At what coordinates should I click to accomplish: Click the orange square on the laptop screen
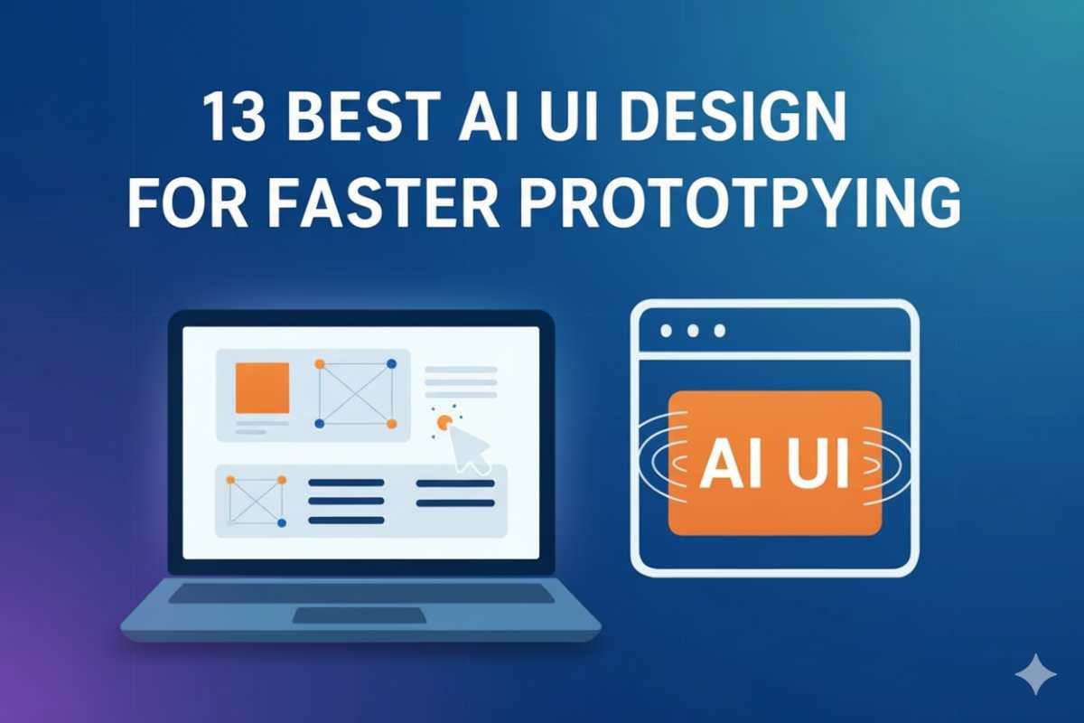(262, 388)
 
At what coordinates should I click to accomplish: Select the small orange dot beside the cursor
(443, 421)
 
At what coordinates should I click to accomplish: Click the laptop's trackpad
(360, 615)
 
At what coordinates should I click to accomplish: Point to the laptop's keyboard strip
(361, 593)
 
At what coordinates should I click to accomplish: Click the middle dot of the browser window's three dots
(693, 332)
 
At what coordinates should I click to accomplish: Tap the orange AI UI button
(774, 463)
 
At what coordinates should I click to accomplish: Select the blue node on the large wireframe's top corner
(391, 364)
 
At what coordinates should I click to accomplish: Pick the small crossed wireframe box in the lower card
(256, 501)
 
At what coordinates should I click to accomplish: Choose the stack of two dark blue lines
(454, 493)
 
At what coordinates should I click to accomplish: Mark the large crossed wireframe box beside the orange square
(355, 394)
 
